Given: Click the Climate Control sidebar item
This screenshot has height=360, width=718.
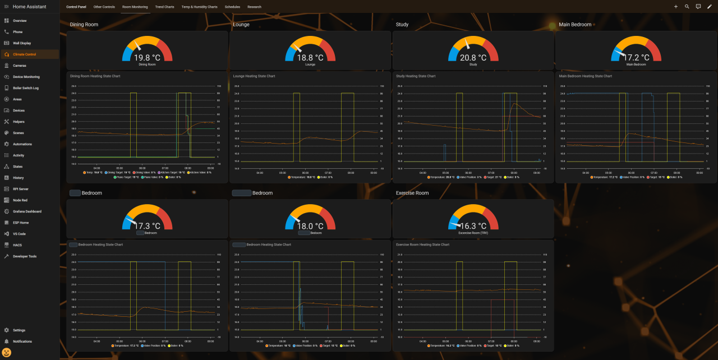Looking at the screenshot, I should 25,54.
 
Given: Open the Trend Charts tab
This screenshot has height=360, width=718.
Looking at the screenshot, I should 164,7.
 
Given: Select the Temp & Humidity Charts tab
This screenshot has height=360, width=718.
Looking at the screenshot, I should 199,7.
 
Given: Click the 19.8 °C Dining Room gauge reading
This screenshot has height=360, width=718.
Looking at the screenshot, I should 147,58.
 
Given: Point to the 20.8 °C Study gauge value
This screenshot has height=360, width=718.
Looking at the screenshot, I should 473,58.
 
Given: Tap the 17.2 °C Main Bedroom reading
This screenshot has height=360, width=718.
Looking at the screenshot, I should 636,58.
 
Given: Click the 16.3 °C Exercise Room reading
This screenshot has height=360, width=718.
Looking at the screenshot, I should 473,226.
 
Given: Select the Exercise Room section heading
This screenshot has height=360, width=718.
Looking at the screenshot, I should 412,193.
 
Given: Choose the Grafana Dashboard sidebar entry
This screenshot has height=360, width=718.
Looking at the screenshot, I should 27,211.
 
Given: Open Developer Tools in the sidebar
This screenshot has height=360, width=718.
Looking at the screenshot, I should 25,256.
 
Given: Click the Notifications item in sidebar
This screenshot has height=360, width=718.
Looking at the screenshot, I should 22,341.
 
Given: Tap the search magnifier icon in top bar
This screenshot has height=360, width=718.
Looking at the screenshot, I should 687,7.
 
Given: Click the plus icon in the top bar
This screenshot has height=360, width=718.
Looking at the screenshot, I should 675,7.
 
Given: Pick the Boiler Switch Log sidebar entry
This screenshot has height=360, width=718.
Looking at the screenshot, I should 26,88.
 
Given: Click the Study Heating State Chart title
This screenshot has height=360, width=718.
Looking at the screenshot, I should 416,76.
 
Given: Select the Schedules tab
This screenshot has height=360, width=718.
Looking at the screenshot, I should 232,7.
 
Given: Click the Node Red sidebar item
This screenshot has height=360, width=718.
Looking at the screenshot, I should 20,200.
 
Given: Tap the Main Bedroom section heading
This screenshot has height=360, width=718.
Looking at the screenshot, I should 575,25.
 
